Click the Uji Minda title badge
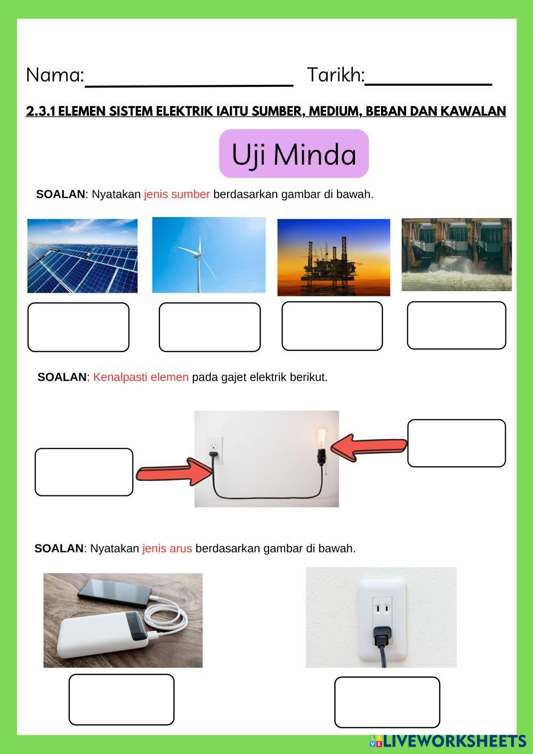click(x=294, y=154)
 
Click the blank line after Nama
click(x=189, y=83)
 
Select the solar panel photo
click(x=83, y=255)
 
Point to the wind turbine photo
click(x=208, y=255)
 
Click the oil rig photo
click(x=334, y=257)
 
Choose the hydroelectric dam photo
click(x=456, y=254)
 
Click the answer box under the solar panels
click(x=78, y=327)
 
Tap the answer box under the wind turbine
click(x=209, y=327)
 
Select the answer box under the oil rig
click(x=332, y=326)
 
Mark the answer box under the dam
click(x=456, y=325)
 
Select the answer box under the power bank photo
click(x=122, y=700)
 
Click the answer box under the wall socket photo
click(x=387, y=702)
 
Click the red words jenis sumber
click(x=177, y=194)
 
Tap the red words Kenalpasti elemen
click(x=141, y=377)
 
